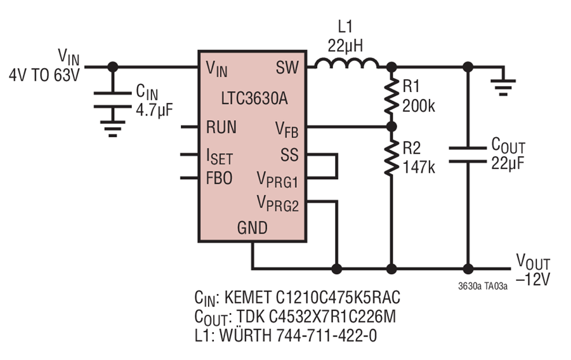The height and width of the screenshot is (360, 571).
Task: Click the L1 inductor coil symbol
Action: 346,63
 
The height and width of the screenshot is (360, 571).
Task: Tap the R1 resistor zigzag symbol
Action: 391,97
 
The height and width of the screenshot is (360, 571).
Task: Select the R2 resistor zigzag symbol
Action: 391,157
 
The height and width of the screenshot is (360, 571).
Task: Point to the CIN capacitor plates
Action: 112,100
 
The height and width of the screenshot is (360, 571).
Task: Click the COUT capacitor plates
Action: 468,154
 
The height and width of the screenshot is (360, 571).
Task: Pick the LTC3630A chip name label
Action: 254,98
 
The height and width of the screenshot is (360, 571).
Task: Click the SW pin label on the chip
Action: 287,67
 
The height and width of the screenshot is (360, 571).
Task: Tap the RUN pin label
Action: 221,127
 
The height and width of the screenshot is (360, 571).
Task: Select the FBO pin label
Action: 220,178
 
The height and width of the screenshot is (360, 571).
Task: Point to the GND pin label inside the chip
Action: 253,228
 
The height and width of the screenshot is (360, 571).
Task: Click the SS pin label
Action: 289,155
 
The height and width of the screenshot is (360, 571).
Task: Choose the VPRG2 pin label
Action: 277,203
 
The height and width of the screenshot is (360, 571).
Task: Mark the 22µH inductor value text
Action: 345,46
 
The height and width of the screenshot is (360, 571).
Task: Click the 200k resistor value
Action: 419,107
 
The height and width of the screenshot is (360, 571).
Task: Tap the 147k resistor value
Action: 419,167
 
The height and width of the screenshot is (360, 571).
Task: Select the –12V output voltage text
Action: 533,279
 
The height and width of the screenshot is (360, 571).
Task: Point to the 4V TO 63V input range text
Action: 44,76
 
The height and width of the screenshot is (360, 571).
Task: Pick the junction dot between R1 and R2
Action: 391,127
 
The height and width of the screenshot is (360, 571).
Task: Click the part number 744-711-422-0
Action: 327,335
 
